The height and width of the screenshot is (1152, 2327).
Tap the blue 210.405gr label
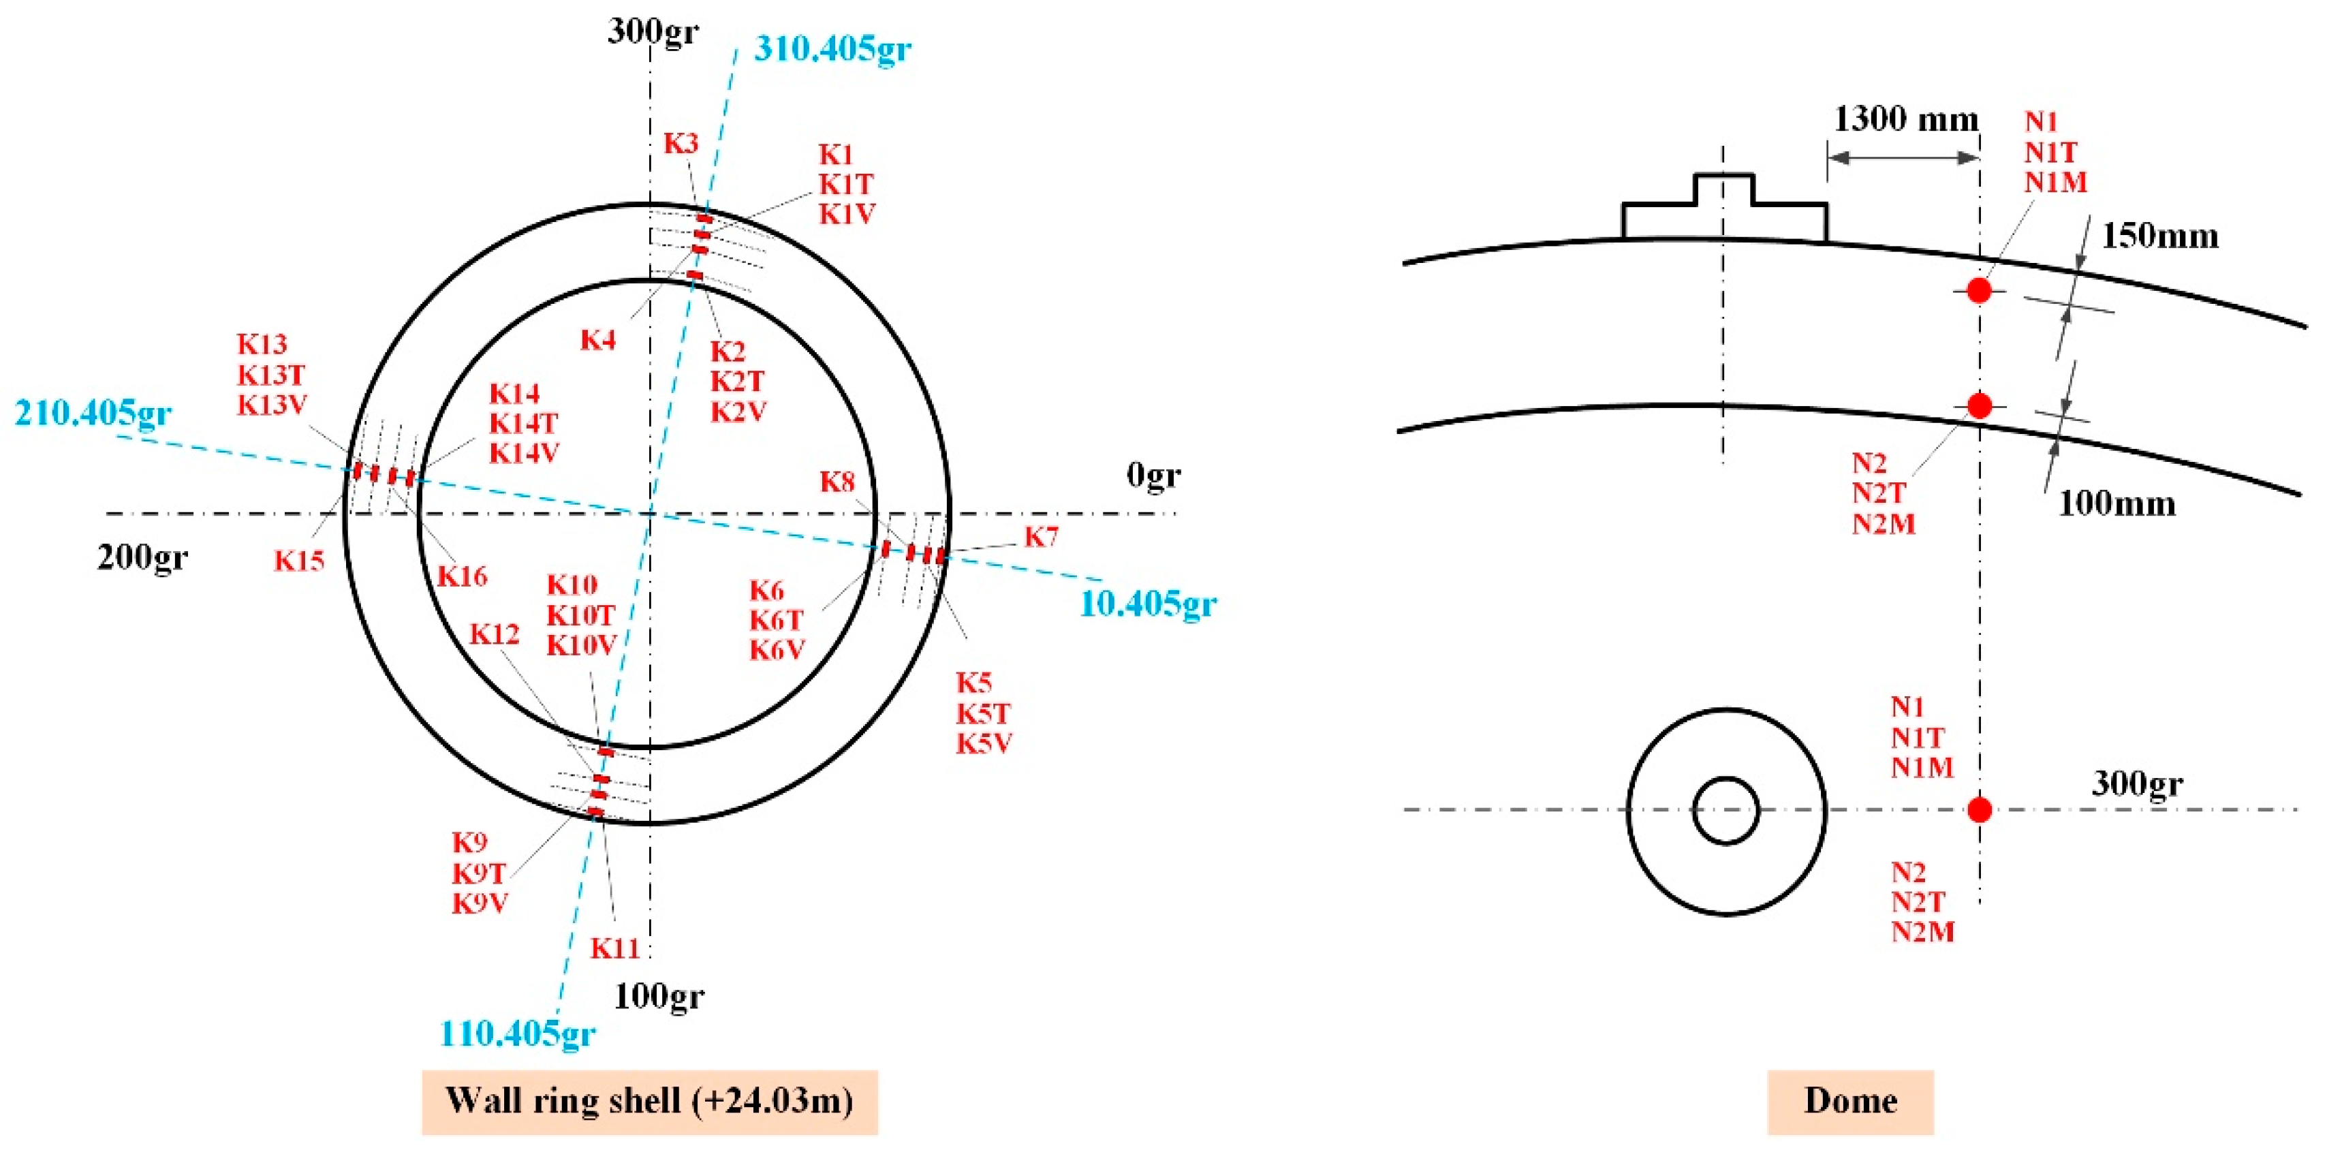pos(93,413)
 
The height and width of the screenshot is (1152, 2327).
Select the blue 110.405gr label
pos(517,1033)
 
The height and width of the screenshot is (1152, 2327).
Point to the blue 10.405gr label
pos(1147,603)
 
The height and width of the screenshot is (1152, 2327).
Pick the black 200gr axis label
pos(143,557)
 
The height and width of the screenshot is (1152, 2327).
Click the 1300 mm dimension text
pos(1905,119)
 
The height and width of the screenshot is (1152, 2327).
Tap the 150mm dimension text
pos(2159,236)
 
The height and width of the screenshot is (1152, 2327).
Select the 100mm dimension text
pos(2116,503)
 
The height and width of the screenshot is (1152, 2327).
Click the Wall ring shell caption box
pos(649,1100)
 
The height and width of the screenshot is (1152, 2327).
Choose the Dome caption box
pos(1850,1100)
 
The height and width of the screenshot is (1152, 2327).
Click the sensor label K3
pos(681,143)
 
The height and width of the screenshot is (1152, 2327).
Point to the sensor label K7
pos(1041,537)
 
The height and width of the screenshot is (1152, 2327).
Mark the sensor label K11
pos(615,948)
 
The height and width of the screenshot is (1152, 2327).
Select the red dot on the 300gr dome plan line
pos(1979,809)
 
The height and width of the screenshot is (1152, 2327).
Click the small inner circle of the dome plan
pos(1725,811)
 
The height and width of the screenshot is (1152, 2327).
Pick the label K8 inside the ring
pos(837,482)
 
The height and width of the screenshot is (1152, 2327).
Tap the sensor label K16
pos(462,576)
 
